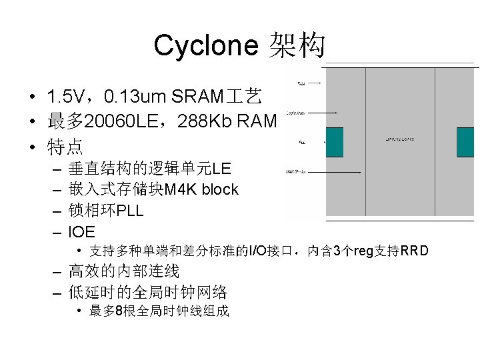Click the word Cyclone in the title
tap(205, 46)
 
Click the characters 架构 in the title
tap(297, 46)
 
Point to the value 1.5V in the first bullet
tap(65, 98)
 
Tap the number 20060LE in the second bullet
tap(119, 121)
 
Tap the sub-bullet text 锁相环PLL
tap(106, 211)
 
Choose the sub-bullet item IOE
tap(82, 232)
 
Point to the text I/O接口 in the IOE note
tap(271, 251)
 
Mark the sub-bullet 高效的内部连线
tap(124, 271)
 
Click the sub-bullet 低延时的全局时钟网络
tap(148, 292)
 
